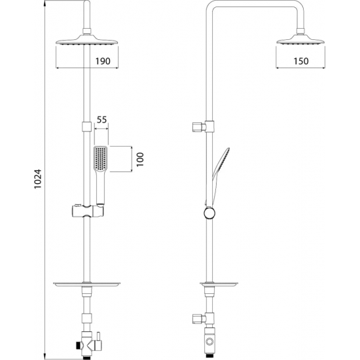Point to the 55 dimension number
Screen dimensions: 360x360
pos(101,120)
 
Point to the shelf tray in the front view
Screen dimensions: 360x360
pos(86,283)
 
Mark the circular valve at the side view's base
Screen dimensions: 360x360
pos(209,341)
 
